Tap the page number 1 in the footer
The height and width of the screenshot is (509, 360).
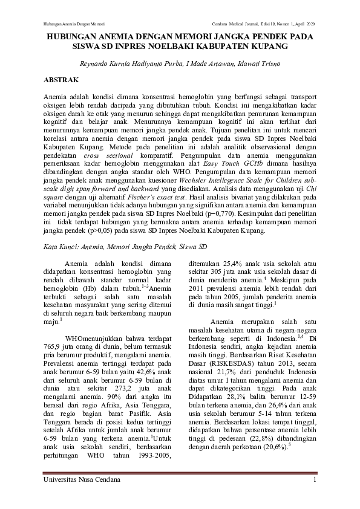315,479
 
